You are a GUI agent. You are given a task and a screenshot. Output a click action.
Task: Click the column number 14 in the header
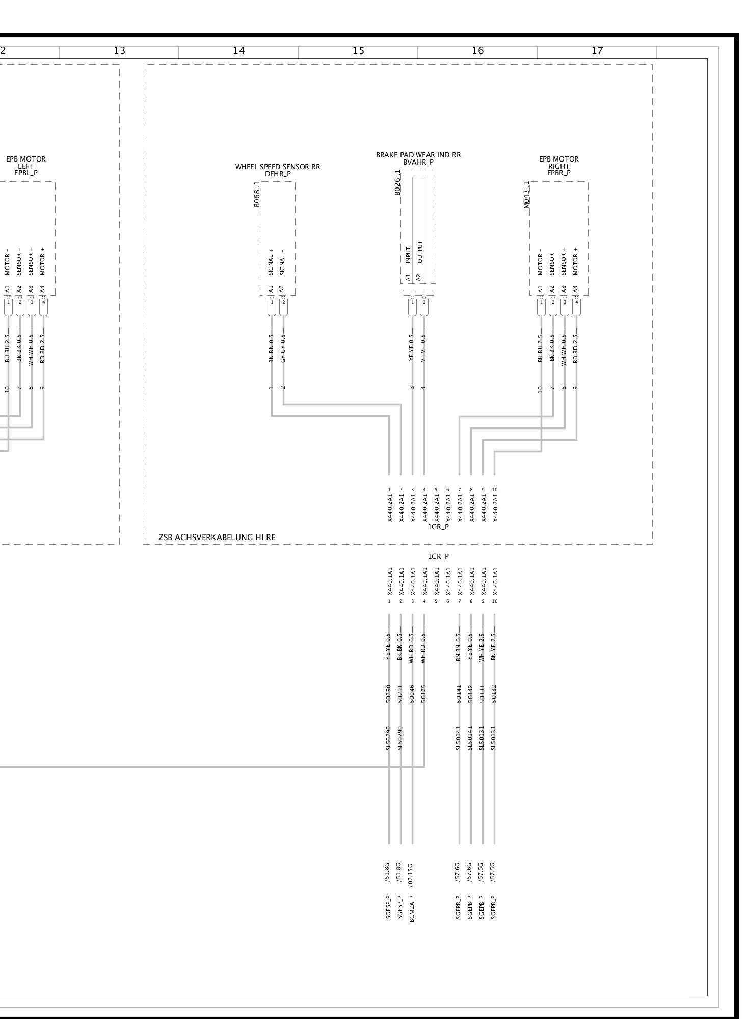click(238, 51)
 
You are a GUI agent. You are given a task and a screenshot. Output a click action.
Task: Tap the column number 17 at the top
click(597, 51)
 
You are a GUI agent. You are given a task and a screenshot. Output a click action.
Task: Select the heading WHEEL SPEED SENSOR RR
click(278, 167)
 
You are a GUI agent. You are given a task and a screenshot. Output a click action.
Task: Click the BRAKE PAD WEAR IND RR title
click(418, 155)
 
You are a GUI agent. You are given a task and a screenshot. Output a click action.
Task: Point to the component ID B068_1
click(257, 195)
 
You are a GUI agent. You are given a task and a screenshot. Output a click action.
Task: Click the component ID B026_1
click(397, 182)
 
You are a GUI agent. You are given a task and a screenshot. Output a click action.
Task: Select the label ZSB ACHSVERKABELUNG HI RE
click(217, 537)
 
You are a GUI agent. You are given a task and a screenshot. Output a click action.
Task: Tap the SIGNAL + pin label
click(271, 262)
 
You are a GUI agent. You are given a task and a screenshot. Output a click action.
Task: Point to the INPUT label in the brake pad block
click(409, 255)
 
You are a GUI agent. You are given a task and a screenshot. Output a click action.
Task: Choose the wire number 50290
click(389, 694)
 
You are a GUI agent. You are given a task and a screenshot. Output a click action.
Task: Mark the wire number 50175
click(424, 694)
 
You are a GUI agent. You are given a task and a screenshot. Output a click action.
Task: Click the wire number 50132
click(494, 694)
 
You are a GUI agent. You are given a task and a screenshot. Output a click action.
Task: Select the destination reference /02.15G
click(412, 871)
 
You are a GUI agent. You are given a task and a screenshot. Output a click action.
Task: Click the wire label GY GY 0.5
click(283, 348)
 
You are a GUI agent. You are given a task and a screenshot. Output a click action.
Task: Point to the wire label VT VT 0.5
click(424, 348)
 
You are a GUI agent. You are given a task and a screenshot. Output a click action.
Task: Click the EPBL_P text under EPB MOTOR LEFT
click(26, 173)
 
